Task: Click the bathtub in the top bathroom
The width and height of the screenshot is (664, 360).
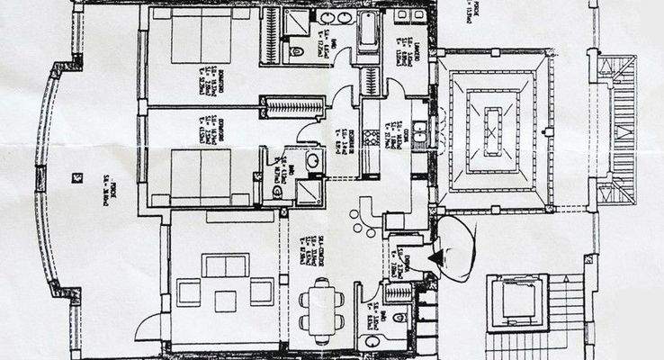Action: point(368,36)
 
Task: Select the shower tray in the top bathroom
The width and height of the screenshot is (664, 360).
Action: point(298,22)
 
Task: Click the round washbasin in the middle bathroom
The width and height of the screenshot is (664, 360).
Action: point(312,160)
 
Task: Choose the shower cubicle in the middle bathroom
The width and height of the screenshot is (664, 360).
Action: point(309,192)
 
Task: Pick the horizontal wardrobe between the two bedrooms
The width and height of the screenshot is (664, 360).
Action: point(292,106)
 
